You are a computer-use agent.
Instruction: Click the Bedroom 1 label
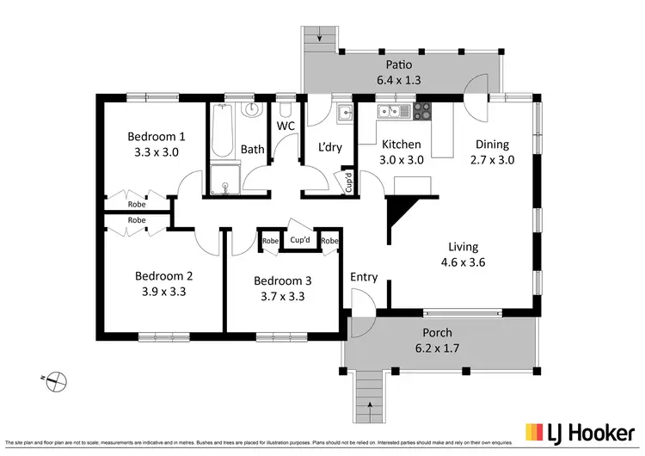coord(157,136)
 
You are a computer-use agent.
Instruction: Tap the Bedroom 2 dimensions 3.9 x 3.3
coord(163,292)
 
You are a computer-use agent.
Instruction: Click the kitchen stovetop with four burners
coord(421,111)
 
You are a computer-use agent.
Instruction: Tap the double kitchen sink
coord(388,111)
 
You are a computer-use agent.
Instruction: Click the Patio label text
coord(400,64)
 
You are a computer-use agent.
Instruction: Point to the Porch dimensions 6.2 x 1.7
coord(437,348)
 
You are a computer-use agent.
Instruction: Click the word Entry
coord(364,276)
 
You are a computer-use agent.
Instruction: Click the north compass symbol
coord(54,378)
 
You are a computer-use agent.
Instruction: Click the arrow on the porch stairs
coord(371,403)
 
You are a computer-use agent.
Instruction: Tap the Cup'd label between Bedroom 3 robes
coord(300,240)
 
